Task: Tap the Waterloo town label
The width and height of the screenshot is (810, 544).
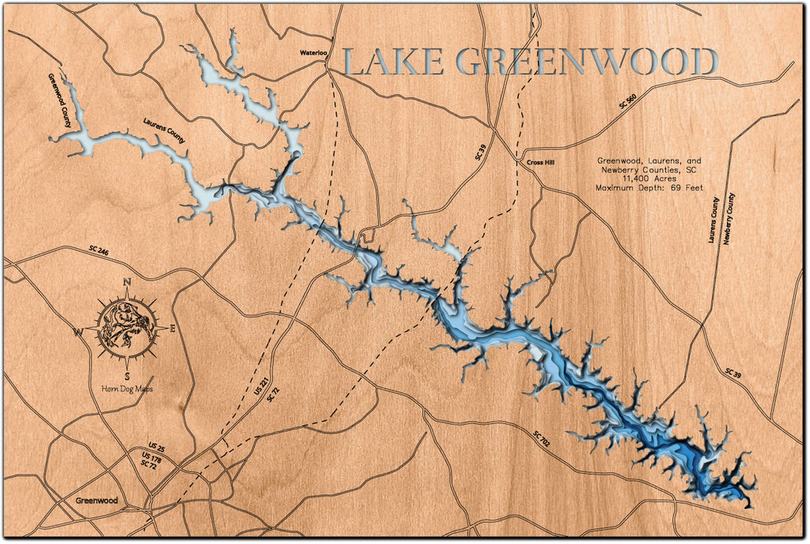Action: [x=313, y=53]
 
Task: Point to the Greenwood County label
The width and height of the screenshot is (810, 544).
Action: [x=60, y=101]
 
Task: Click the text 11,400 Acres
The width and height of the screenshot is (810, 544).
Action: [x=649, y=179]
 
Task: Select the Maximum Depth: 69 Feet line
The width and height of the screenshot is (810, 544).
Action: [x=649, y=189]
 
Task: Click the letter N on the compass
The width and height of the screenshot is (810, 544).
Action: [x=127, y=282]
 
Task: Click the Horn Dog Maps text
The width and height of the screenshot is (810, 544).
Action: [x=127, y=388]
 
